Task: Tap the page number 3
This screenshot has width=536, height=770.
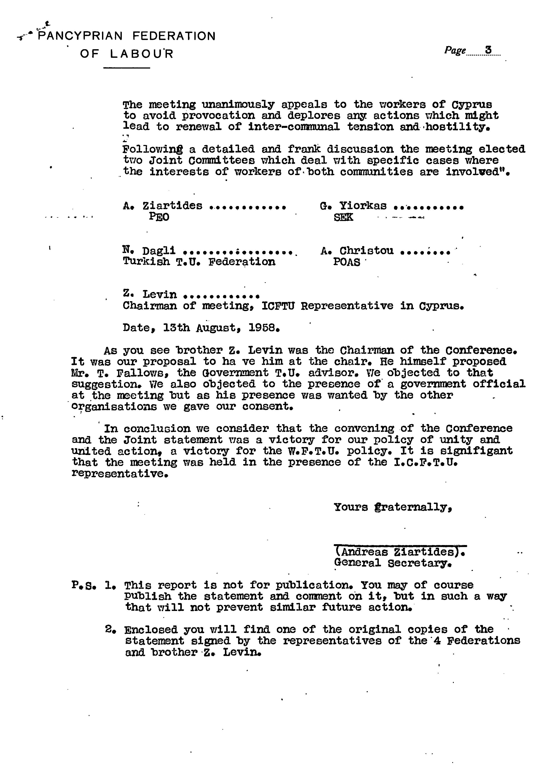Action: (x=488, y=50)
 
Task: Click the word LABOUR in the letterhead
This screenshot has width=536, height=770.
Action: (x=142, y=54)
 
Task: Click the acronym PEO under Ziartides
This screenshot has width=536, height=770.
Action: (x=159, y=217)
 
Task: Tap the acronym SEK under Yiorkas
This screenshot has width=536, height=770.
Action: (x=343, y=217)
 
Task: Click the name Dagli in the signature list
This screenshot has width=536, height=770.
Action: (x=159, y=250)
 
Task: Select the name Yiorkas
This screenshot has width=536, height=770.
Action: (x=363, y=206)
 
